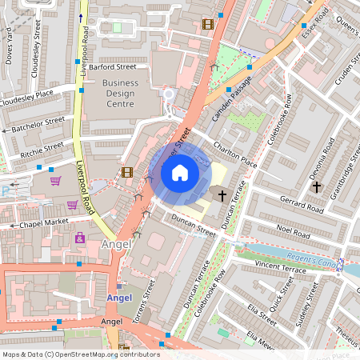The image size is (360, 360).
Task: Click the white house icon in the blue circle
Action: tap(180, 172)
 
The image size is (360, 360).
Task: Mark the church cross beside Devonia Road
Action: tap(316, 186)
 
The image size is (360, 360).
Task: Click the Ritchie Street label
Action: tap(42, 148)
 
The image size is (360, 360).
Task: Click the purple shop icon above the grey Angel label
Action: tap(80, 238)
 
